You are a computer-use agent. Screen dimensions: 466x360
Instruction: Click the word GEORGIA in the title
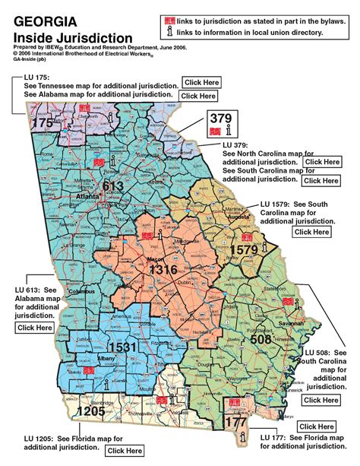[x=44, y=22]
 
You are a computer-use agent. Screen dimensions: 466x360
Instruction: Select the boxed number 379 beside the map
[x=219, y=118]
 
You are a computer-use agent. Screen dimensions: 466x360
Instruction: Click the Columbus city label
[x=76, y=292]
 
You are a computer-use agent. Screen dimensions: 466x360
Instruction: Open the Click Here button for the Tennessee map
[x=203, y=82]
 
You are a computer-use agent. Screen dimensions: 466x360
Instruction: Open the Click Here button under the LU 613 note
[x=34, y=328]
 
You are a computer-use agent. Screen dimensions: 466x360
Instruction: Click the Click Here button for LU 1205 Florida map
[x=125, y=451]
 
